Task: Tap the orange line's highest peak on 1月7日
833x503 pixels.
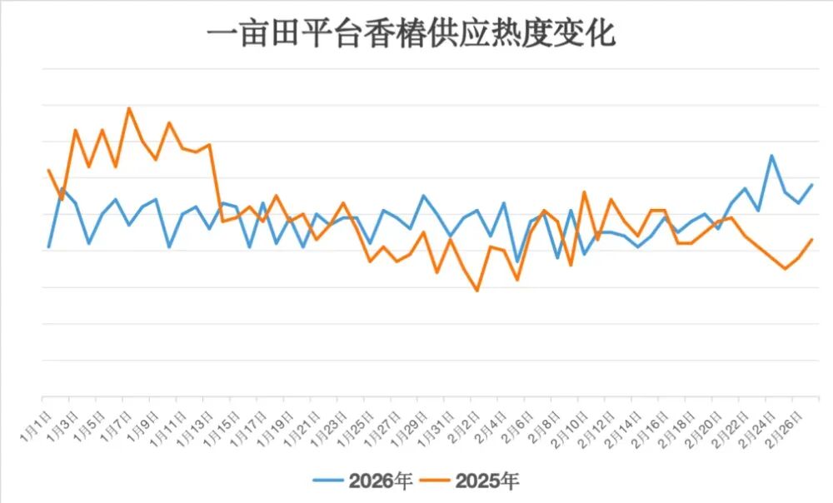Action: point(128,108)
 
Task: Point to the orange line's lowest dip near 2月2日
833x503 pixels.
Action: point(477,291)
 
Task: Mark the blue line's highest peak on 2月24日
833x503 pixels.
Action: point(772,156)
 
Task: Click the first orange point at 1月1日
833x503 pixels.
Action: point(48,170)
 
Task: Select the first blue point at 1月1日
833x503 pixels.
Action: point(48,247)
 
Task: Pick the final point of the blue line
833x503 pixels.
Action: point(812,185)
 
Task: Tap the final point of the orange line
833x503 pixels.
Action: point(812,240)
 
